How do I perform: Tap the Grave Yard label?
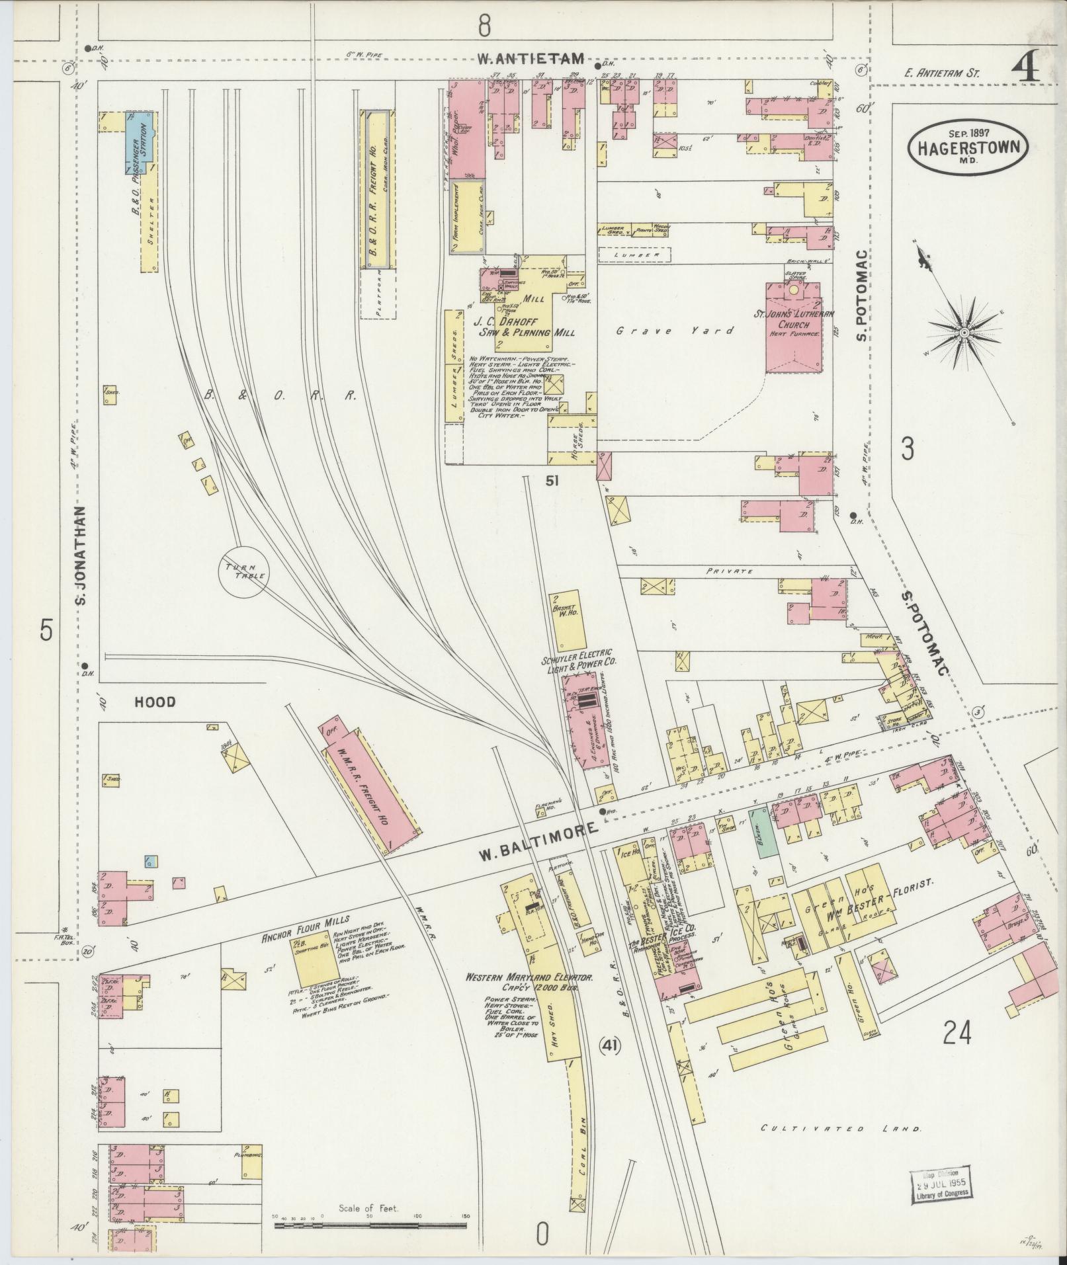point(675,331)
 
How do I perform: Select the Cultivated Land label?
point(841,1129)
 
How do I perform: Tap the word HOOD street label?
point(155,702)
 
